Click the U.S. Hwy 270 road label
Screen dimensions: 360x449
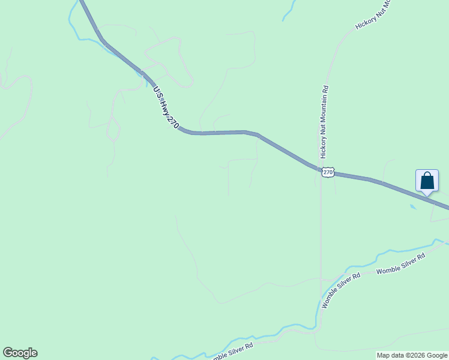[x=166, y=107]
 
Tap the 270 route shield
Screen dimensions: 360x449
[x=327, y=172]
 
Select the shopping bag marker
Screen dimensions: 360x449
[x=427, y=181]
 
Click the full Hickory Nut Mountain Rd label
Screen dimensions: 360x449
[x=324, y=122]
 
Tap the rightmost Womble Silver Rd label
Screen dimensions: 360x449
[x=400, y=264]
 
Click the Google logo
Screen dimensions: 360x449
[x=20, y=353]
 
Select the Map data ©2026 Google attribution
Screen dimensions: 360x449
[x=412, y=355]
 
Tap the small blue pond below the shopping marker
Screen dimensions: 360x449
[x=412, y=208]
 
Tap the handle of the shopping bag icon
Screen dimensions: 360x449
[x=427, y=176]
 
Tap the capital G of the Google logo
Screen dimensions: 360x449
[x=8, y=352]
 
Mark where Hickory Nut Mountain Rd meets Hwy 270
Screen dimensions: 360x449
[x=320, y=169]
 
